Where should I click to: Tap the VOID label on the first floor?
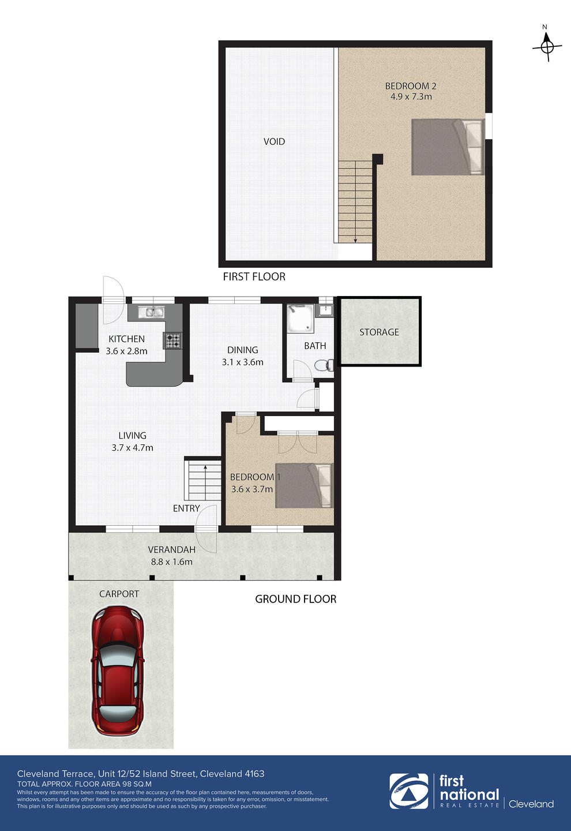pos(274,141)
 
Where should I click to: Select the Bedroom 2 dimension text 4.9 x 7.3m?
pos(411,96)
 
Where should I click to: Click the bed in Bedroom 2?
pos(448,147)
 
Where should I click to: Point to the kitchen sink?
pos(151,312)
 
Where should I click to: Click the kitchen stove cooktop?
pos(173,340)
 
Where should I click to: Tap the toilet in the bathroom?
pos(324,365)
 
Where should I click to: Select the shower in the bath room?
pos(300,317)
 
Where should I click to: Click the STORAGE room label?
pos(379,332)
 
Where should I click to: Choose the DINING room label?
pos(242,350)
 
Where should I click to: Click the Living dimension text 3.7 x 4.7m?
pos(133,448)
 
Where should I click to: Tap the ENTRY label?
pos(186,508)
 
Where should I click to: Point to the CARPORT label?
pos(119,594)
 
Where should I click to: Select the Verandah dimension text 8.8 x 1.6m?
pos(172,562)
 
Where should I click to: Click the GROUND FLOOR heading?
pos(295,599)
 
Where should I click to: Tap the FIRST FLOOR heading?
pos(254,276)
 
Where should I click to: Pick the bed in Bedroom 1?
pos(304,485)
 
